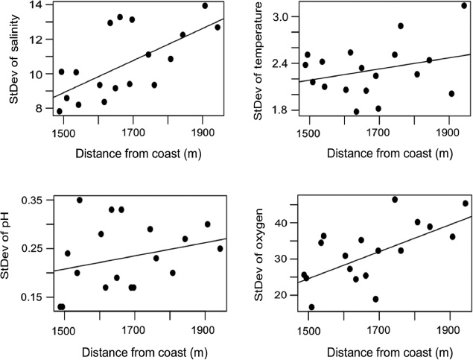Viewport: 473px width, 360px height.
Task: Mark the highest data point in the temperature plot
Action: coord(464,6)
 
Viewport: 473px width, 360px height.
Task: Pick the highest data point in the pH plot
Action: coord(80,200)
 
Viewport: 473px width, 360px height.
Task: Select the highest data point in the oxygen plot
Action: coord(395,199)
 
